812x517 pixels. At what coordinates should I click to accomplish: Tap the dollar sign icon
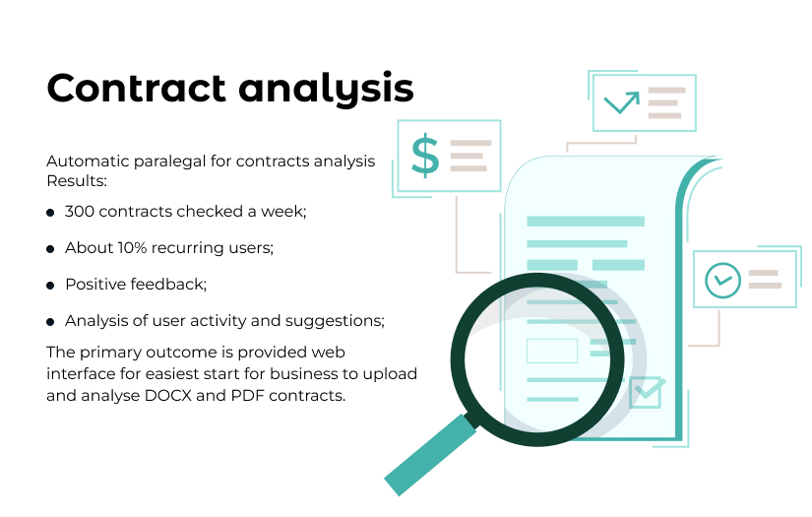point(425,156)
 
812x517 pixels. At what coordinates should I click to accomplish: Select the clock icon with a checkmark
point(723,280)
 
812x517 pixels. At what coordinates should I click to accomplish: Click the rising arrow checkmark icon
point(622,101)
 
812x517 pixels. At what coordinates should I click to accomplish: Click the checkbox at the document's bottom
point(647,392)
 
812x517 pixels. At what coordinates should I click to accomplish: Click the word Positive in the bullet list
point(94,285)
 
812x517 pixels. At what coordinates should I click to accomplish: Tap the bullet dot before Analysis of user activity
point(50,322)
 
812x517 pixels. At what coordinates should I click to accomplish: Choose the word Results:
point(77,181)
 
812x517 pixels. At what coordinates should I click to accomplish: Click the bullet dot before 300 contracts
point(50,213)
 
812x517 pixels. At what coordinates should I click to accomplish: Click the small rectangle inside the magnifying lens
point(552,351)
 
